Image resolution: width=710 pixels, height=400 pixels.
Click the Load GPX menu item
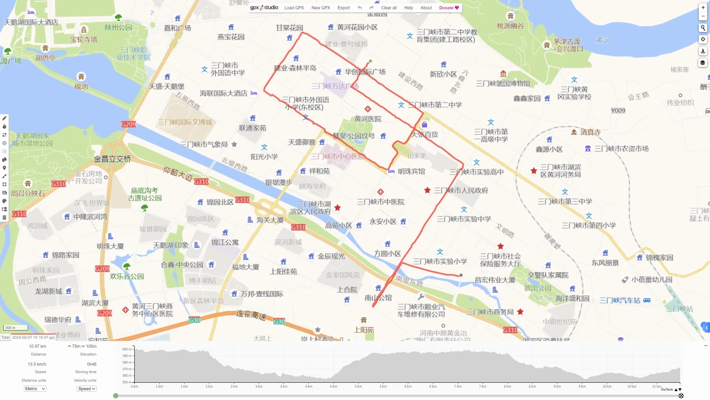(x=294, y=8)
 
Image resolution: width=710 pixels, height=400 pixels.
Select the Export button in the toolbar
(x=344, y=8)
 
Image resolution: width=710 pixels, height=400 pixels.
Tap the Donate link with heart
(x=449, y=8)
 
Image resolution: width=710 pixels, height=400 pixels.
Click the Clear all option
(x=389, y=8)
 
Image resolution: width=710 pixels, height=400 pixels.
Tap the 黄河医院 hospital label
(x=368, y=119)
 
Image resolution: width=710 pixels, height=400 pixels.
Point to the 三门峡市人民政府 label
(x=461, y=191)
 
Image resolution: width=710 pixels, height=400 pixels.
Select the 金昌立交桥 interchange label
(x=113, y=159)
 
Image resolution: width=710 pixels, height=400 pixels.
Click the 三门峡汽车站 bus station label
(x=620, y=301)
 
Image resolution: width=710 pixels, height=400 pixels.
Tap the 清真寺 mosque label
(x=591, y=132)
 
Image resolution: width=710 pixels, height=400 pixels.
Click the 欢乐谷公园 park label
(x=127, y=276)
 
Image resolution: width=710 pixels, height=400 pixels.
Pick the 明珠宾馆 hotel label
(x=411, y=171)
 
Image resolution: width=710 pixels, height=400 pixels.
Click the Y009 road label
(x=618, y=111)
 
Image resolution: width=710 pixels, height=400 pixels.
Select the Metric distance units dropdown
(x=35, y=389)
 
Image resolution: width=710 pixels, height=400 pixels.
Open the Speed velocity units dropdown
(x=87, y=389)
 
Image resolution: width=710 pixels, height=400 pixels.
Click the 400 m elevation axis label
(x=126, y=349)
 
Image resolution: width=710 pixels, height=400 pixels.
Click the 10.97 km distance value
(x=38, y=346)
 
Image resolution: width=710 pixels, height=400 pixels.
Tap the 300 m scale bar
(x=11, y=328)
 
